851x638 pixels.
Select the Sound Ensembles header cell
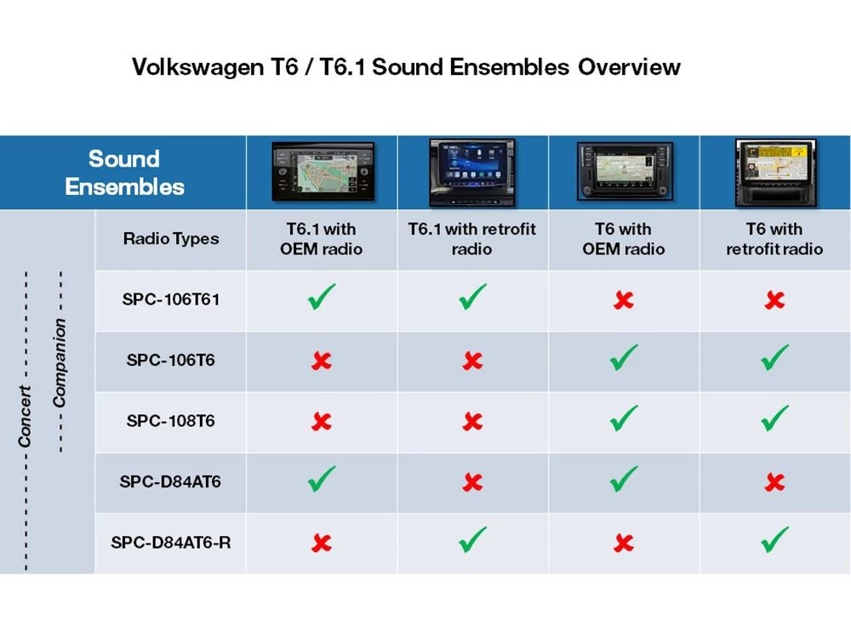124,172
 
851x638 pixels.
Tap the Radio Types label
170,239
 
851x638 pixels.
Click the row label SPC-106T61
170,299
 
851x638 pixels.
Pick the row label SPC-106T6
170,360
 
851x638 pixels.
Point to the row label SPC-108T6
170,420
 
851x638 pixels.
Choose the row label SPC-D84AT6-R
170,542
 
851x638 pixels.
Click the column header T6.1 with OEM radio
321,239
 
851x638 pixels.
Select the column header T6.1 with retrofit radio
472,239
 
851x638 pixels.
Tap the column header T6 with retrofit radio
774,239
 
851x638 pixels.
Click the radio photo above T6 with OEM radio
624,172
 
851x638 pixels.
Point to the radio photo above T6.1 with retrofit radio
472,172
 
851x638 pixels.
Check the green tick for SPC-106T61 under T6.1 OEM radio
321,298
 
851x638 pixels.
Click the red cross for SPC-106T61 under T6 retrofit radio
774,300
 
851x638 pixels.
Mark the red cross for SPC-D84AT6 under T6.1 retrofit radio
472,482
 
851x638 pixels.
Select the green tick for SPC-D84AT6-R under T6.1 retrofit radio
472,539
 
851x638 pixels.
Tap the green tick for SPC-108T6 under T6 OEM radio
624,419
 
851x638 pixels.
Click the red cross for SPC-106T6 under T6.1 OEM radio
321,361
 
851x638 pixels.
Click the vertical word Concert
25,416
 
